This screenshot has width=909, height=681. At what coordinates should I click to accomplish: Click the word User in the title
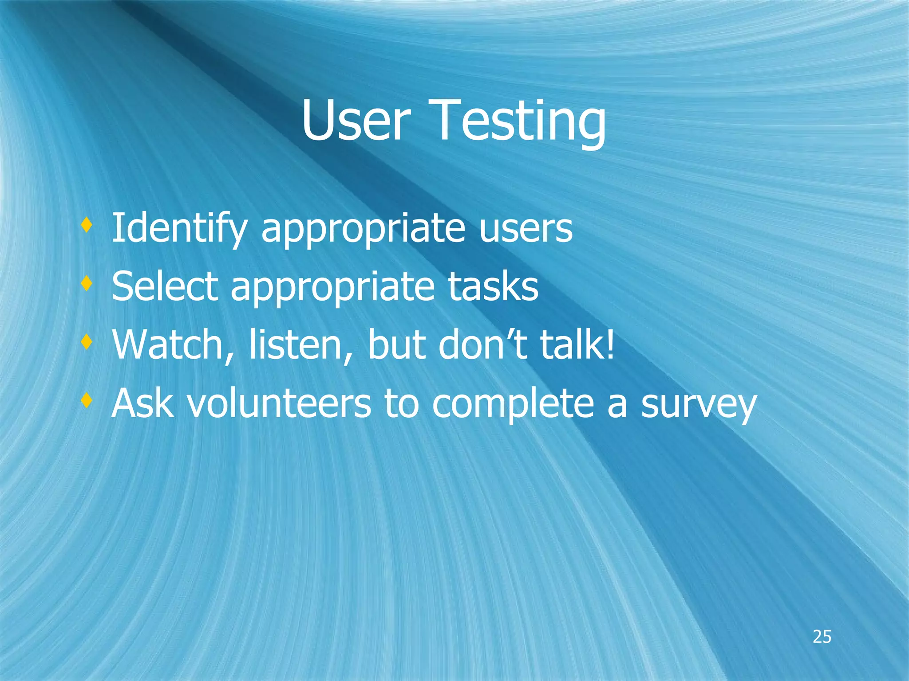[355, 121]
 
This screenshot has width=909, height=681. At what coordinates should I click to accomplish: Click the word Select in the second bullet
[165, 286]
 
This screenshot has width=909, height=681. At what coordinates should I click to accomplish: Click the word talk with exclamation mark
[577, 345]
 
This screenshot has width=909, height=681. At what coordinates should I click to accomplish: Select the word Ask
[142, 403]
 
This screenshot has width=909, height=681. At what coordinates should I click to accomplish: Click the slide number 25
[822, 637]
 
